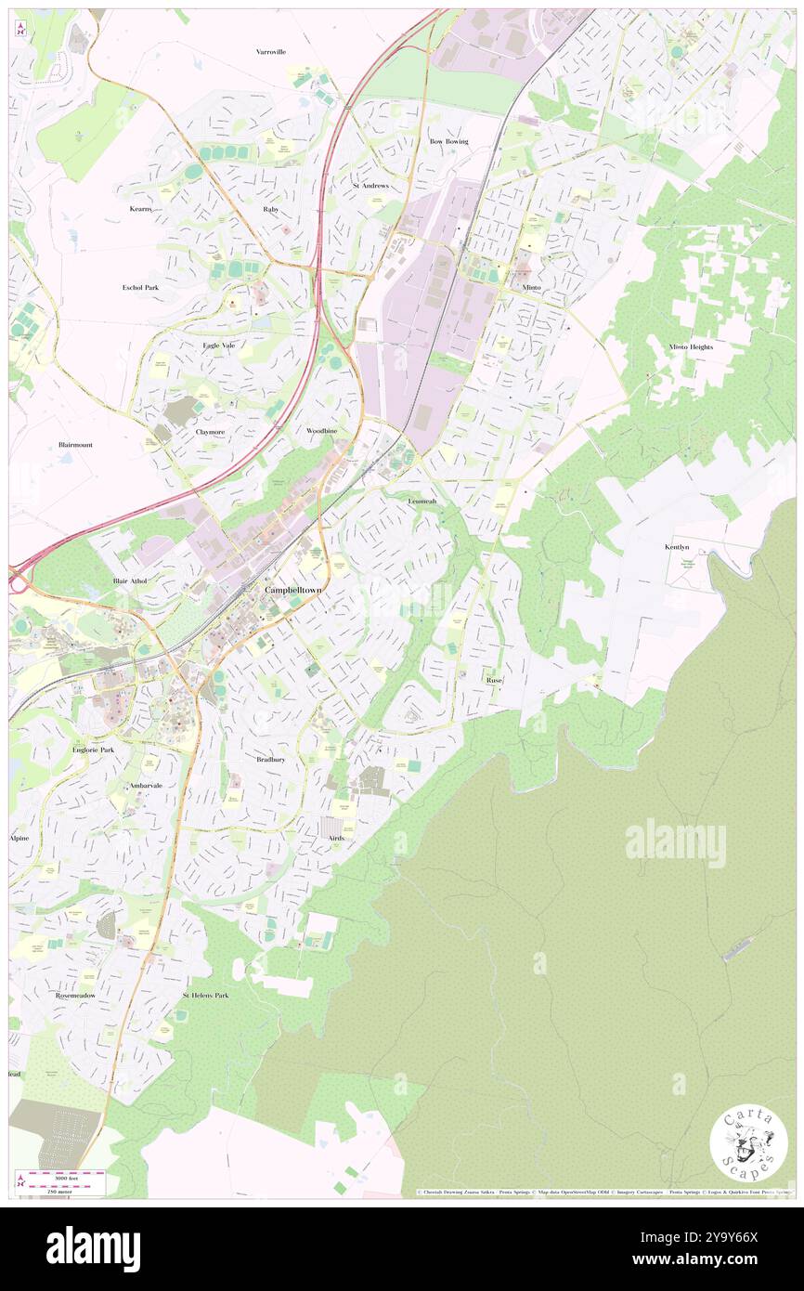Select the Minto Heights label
(691, 346)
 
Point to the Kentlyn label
(677, 547)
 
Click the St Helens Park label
(205, 995)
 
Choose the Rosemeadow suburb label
(75, 995)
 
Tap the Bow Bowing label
(448, 141)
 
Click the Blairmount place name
(75, 445)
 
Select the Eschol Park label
(140, 287)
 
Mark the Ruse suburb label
(494, 680)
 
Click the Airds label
(336, 838)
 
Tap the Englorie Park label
(92, 749)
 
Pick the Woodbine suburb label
(322, 432)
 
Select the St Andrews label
(370, 186)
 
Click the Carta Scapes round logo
(748, 1144)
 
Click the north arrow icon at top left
(20, 29)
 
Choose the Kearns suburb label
(140, 209)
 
